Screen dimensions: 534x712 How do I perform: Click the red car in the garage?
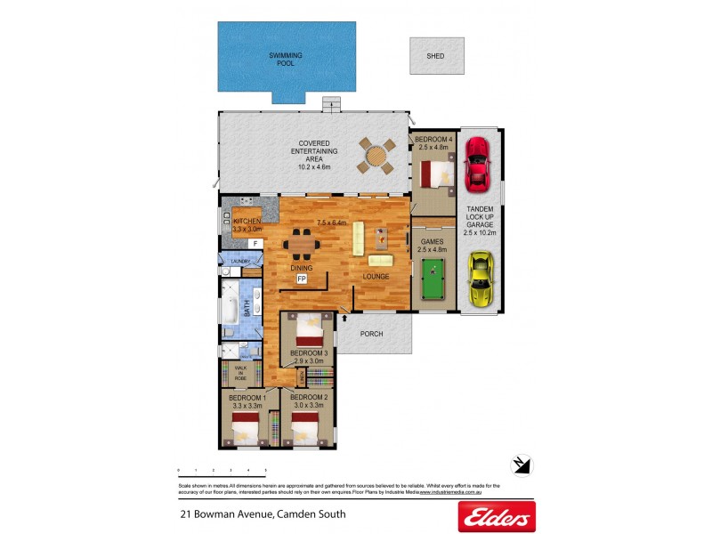tap(479, 164)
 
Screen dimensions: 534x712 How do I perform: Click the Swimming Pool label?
tap(286, 59)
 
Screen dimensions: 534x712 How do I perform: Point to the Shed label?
tap(435, 56)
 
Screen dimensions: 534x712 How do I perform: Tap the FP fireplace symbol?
tap(303, 279)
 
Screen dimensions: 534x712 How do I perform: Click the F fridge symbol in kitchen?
tap(255, 243)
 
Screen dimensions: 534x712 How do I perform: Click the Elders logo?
tap(496, 514)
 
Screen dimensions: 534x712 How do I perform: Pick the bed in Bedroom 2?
tap(308, 429)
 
